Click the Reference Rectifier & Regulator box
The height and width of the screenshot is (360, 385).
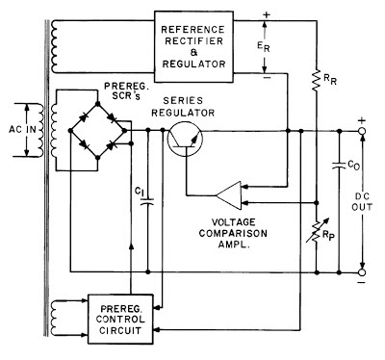tap(193, 47)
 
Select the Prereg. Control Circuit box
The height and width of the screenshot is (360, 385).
tap(120, 319)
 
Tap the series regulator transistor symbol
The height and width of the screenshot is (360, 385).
tap(185, 139)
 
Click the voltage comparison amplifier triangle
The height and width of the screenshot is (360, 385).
tap(228, 195)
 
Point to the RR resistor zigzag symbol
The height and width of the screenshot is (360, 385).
tap(317, 79)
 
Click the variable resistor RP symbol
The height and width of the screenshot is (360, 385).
tap(317, 230)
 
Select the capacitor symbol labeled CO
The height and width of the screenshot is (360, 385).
tap(340, 166)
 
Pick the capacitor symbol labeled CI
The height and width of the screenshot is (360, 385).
tap(148, 201)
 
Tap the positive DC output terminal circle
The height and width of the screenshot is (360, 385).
tap(362, 131)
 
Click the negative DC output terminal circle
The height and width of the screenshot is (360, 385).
tap(362, 272)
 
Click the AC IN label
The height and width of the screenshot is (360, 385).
tap(22, 130)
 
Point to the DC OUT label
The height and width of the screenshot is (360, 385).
tap(362, 201)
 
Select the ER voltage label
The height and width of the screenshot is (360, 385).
tap(264, 47)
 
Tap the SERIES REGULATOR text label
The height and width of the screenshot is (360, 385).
tap(183, 107)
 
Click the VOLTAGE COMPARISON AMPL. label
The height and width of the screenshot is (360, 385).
tap(233, 233)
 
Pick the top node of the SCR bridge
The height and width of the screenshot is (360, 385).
tap(98, 104)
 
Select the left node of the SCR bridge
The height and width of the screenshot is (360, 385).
tap(70, 130)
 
